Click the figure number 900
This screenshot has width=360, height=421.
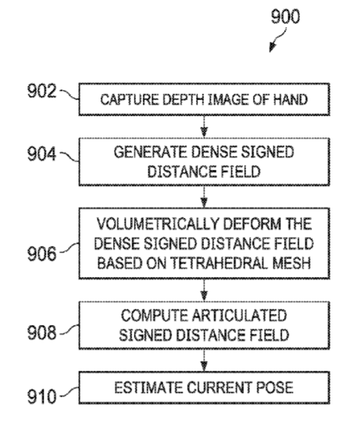tap(285, 17)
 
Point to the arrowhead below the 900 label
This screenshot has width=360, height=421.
tap(273, 47)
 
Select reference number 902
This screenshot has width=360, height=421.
tap(41, 91)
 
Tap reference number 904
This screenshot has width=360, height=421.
tap(41, 154)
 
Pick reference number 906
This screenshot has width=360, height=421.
tap(41, 253)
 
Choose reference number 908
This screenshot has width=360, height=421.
tap(41, 332)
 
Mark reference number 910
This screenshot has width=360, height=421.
tap(41, 397)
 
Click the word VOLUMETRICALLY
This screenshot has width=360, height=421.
tap(158, 224)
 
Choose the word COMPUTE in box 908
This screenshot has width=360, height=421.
tap(154, 315)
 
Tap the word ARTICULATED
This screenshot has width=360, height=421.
tap(240, 315)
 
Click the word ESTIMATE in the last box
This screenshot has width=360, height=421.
tap(149, 388)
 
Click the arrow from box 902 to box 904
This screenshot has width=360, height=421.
tap(204, 127)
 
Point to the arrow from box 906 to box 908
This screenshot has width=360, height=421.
tap(204, 290)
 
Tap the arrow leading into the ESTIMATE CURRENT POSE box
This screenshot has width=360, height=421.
tap(204, 360)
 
